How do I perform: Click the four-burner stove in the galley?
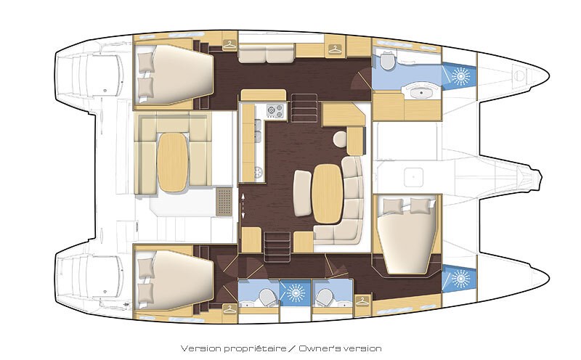click(x=276, y=111)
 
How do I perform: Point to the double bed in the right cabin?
click(x=407, y=232)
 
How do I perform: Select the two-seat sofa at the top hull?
click(x=265, y=53)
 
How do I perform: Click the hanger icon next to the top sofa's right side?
click(x=334, y=49)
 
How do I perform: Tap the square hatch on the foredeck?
click(x=415, y=176)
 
